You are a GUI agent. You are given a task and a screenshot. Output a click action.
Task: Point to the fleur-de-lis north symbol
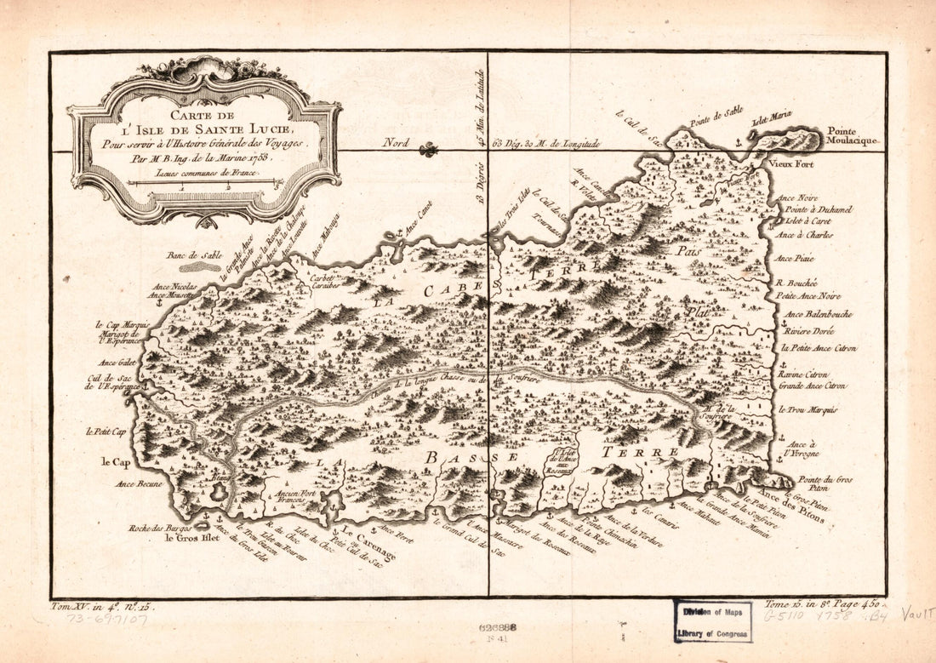coord(429,150)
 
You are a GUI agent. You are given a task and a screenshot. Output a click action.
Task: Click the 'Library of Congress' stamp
coord(713,620)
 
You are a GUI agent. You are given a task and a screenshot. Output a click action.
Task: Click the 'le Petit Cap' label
coord(106,432)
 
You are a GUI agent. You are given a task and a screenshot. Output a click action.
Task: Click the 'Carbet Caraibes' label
coord(325,283)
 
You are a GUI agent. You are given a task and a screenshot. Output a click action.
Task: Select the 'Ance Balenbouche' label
coord(814,313)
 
